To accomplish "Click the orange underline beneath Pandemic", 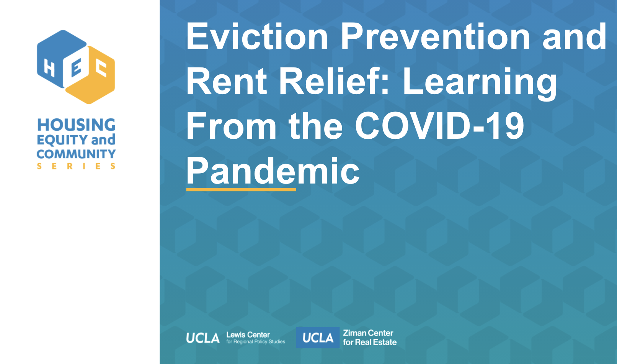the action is pos(241,190).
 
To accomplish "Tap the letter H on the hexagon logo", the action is pos(49,68).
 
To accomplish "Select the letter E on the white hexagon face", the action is pos(76,67).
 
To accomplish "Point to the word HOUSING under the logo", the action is pos(76,125).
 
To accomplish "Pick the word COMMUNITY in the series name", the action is pos(76,154).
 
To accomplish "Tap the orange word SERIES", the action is pos(76,166).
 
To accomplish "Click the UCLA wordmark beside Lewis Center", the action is pos(203,338).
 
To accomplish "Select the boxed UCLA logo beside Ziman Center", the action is pos(318,338).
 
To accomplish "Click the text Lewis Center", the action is pos(248,335).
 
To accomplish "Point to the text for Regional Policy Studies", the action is pos(256,342).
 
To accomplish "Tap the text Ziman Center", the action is pos(368,333).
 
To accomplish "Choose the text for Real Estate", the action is pos(370,342).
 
